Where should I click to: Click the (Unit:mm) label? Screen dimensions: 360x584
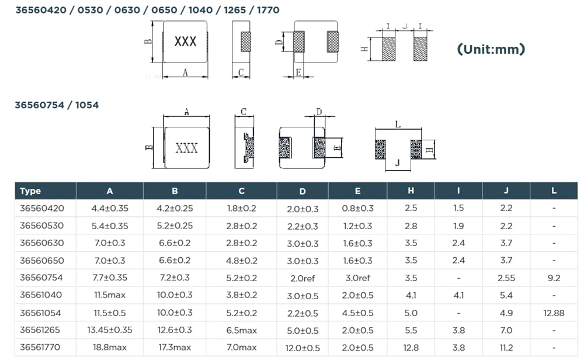[x=491, y=49]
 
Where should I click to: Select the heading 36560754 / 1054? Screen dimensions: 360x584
[x=57, y=105]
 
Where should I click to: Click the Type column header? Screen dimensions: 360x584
[x=30, y=191]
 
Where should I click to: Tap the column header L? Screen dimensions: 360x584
[x=554, y=191]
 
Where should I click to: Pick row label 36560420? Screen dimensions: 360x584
[x=42, y=208]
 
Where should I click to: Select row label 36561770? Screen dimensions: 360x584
[x=42, y=348]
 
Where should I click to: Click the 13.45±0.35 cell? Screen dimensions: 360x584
[x=110, y=330]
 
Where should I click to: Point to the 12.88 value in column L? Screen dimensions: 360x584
[x=554, y=313]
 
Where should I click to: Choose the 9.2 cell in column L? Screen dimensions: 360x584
[x=554, y=278]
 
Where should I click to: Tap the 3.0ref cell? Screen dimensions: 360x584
[x=357, y=278]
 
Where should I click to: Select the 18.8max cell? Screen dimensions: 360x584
[x=110, y=348]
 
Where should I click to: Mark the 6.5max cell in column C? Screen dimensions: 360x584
[x=242, y=330]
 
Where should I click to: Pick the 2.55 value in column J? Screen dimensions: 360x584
[x=506, y=278]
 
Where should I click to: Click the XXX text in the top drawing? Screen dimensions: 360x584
[x=186, y=42]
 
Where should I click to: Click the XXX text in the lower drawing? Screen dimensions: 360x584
[x=186, y=148]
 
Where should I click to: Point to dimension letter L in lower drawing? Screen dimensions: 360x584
[x=398, y=124]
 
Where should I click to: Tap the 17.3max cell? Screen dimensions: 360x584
[x=175, y=348]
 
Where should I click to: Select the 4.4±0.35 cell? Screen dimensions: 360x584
[x=110, y=208]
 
